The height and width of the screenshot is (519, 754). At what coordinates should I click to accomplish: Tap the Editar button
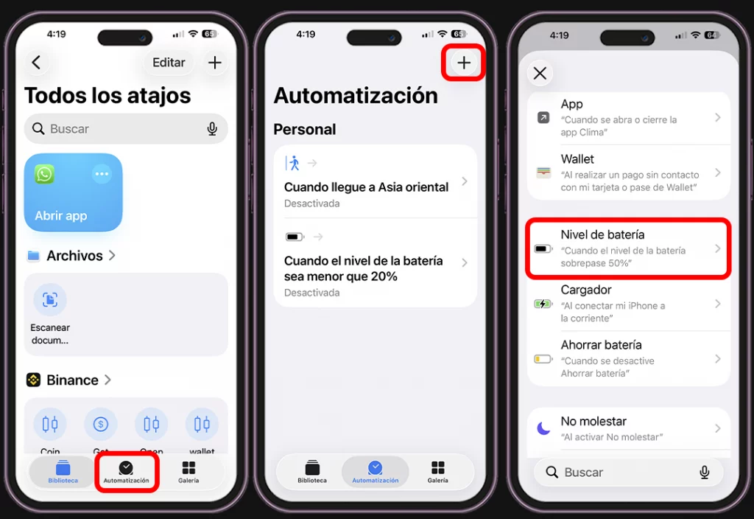(x=169, y=63)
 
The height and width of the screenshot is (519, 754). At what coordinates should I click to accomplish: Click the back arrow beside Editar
(x=36, y=63)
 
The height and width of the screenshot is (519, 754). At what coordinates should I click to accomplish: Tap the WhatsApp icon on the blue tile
(x=45, y=174)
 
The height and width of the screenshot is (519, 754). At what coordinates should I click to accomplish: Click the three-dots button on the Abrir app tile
(x=102, y=174)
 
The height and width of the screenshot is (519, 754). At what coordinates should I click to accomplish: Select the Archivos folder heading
(x=74, y=256)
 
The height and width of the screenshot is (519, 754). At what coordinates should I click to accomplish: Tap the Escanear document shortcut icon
(x=50, y=299)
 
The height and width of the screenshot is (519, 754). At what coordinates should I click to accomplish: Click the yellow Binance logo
(x=33, y=380)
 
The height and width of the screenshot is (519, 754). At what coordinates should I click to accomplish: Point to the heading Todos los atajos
(x=108, y=96)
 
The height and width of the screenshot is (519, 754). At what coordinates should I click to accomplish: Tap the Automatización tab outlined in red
(x=126, y=472)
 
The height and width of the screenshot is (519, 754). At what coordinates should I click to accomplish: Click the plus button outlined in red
(x=464, y=63)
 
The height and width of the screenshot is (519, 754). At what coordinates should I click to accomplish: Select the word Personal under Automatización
(x=304, y=129)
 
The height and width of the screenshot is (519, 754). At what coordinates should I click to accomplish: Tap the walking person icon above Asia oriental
(x=294, y=163)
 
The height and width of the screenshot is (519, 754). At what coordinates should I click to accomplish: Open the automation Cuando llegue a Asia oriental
(x=366, y=187)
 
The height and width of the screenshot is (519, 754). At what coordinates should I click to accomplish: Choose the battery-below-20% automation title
(x=364, y=268)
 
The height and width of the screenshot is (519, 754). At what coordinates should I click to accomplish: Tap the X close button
(x=540, y=73)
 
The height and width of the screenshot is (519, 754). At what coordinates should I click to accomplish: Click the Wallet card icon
(x=543, y=173)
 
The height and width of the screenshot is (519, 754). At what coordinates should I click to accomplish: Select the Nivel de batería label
(x=602, y=234)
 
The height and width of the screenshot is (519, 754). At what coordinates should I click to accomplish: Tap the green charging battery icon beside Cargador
(x=543, y=304)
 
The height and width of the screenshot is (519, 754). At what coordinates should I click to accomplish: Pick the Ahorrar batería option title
(x=601, y=344)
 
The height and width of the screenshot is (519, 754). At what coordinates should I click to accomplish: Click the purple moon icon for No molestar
(x=543, y=428)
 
